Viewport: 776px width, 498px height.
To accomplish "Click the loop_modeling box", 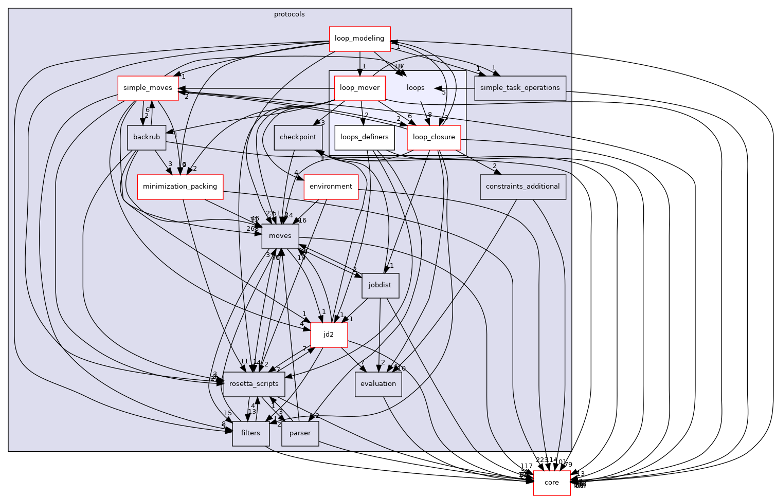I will click(359, 39).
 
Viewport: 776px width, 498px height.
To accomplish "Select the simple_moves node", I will click(148, 88).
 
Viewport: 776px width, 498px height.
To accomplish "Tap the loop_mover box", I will click(359, 88).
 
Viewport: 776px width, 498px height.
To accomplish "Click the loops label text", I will click(416, 88).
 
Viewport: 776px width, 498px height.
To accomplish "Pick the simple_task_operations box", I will click(520, 88).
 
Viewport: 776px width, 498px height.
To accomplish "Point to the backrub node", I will click(147, 137).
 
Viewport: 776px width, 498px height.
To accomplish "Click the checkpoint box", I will click(298, 137).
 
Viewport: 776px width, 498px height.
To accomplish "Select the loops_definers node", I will click(365, 137).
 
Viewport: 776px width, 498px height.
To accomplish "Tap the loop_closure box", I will click(434, 137).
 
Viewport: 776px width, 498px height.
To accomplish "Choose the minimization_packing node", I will click(180, 187).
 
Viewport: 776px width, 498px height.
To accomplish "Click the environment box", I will click(331, 187).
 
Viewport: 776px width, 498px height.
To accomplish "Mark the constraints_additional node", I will click(522, 187).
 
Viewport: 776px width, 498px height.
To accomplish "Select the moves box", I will click(280, 236).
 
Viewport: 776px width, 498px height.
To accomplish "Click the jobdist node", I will click(380, 285).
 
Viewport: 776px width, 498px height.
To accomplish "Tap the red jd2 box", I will click(329, 335).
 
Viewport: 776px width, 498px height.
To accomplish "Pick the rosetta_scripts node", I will click(254, 384).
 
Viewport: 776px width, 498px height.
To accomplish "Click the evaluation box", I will click(378, 384).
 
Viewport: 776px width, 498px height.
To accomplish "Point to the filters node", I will click(250, 433).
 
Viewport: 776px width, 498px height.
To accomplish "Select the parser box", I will click(300, 433).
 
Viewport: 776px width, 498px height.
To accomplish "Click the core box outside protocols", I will click(551, 483).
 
